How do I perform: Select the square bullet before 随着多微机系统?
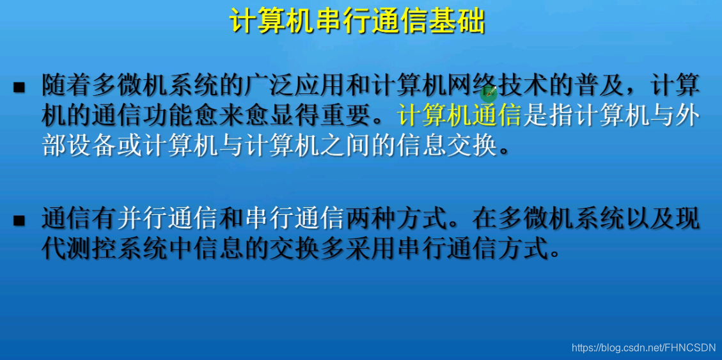(x=19, y=86)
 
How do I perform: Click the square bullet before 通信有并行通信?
(x=19, y=221)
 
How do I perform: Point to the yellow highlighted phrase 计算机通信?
(x=460, y=116)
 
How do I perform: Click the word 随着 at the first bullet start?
(x=67, y=85)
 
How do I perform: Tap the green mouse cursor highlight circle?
(x=489, y=95)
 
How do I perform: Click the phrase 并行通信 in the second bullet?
(x=168, y=219)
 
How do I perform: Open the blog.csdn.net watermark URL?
(x=643, y=348)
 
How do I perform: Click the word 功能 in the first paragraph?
(x=168, y=116)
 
